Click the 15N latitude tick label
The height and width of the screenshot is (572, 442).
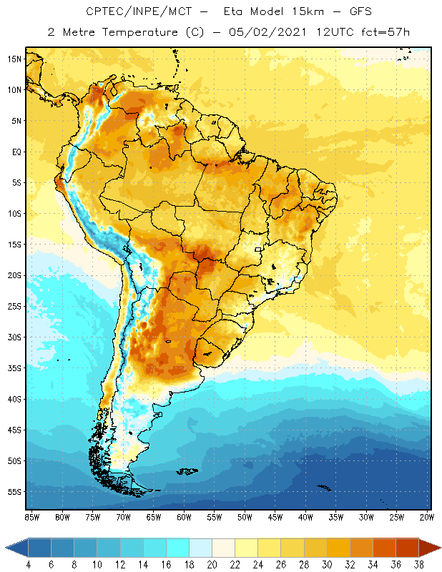[15, 59]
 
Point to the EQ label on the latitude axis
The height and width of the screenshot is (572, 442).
[15, 152]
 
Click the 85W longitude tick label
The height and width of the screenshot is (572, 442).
[31, 517]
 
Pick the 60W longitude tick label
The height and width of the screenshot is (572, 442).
[184, 517]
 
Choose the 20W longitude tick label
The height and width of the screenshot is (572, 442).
[427, 517]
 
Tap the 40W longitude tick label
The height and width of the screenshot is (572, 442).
[305, 517]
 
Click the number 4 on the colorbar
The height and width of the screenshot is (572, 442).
[29, 565]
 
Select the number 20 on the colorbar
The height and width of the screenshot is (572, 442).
[212, 565]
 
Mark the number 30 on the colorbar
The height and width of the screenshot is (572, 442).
[327, 565]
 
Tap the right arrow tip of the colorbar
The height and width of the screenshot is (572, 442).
[439, 548]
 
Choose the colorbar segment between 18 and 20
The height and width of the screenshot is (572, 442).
[200, 548]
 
